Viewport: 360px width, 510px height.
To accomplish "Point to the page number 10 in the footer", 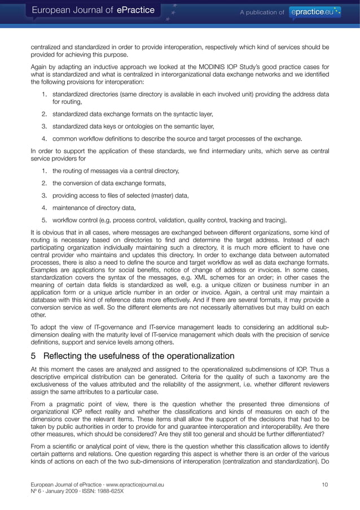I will click(324, 484).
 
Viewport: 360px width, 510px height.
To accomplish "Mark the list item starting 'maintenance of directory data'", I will click(93, 207).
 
